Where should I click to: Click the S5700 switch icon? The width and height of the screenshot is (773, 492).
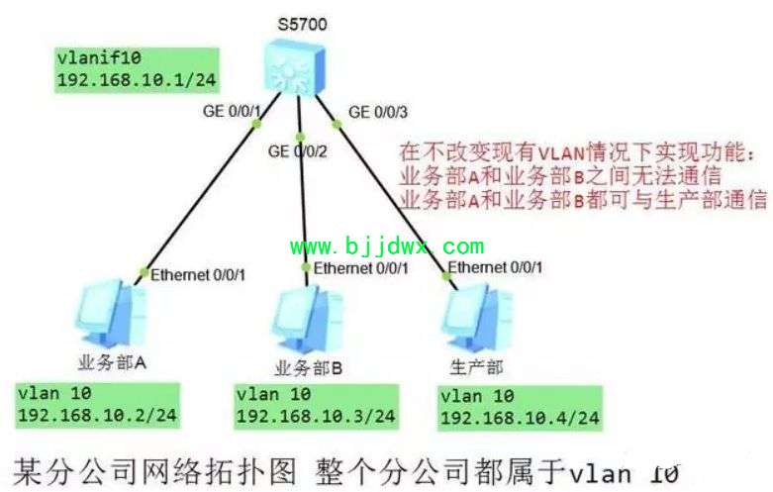click(x=294, y=66)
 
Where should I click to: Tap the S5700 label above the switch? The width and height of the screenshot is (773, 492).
click(x=302, y=24)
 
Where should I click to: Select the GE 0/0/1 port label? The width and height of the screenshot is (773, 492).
click(x=232, y=111)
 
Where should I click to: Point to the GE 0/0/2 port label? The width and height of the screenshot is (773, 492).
click(x=297, y=150)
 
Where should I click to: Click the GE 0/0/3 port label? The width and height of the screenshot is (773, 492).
click(x=378, y=112)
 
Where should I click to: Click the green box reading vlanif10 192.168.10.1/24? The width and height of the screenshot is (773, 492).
click(x=137, y=69)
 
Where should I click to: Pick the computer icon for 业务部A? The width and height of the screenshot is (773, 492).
click(x=112, y=314)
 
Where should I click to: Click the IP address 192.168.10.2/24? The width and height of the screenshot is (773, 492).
click(x=97, y=415)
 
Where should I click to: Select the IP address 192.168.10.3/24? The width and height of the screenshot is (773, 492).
click(x=316, y=416)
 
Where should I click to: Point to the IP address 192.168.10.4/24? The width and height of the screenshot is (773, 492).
click(x=520, y=418)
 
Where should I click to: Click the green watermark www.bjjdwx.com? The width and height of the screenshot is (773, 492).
click(x=387, y=246)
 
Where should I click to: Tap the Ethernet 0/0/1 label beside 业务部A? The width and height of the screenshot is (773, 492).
click(x=198, y=274)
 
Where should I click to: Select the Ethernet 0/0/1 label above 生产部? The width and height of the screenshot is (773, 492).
click(x=495, y=267)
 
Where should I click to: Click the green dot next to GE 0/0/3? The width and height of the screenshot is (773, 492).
click(x=337, y=124)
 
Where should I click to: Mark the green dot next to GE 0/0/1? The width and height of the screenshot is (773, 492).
click(x=256, y=123)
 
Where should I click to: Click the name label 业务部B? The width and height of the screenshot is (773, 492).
click(x=308, y=368)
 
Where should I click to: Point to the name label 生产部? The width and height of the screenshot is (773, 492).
click(x=476, y=367)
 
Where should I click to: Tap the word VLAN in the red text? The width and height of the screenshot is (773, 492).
click(x=561, y=152)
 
